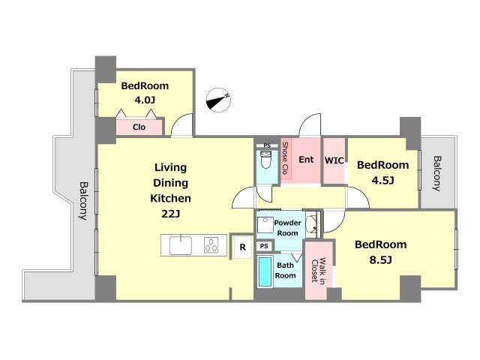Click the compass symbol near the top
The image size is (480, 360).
218,100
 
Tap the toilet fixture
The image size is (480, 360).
265,160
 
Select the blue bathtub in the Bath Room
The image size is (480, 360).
265,271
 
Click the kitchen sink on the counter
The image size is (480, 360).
181,245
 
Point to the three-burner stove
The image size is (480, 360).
211,245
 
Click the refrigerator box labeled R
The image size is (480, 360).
243,247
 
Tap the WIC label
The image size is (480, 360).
334,160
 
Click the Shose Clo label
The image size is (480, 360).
285,158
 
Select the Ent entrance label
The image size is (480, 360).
306,160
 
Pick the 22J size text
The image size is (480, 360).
170,214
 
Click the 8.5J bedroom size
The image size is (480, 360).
380,260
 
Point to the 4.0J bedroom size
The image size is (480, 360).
145,100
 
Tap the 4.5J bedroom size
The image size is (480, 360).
382,181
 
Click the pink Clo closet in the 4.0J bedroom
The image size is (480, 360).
139,127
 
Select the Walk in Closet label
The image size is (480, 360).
318,271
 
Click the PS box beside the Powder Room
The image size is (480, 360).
264,246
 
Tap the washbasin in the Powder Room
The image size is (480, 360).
312,225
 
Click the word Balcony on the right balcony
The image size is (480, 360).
437,173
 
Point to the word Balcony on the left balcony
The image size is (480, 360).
83,201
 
